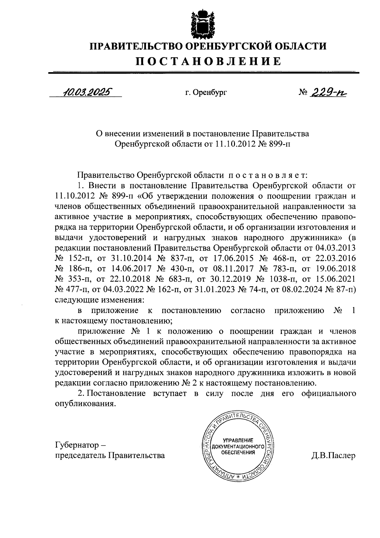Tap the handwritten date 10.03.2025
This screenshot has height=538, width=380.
click(x=87, y=92)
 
